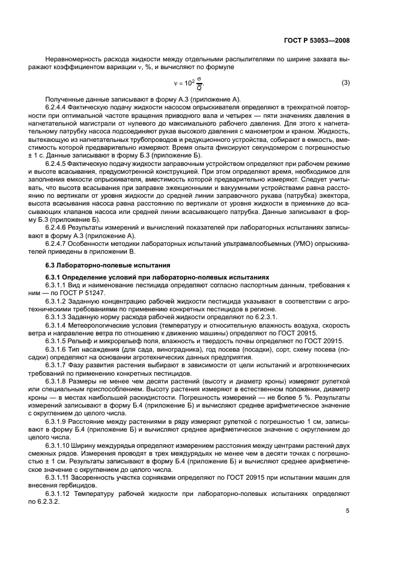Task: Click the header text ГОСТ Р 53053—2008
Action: (x=316, y=40)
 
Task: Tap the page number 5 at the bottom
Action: (x=348, y=512)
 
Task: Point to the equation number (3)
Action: (x=345, y=82)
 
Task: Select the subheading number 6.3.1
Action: (x=53, y=276)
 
